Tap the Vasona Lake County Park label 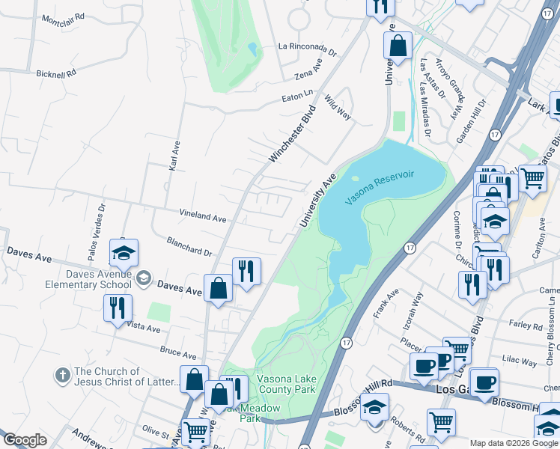285,384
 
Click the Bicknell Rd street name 56,73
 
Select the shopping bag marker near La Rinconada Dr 398,45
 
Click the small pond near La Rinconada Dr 253,49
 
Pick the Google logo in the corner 25,440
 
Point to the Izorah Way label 412,306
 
